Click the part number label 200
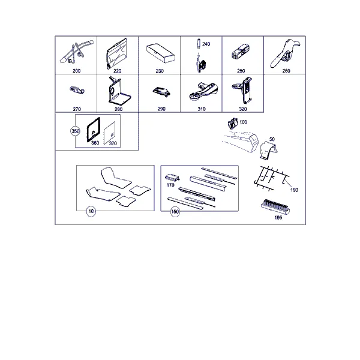pyautogui.click(x=76, y=71)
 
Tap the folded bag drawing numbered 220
pyautogui.click(x=116, y=54)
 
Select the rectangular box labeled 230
pyautogui.click(x=160, y=53)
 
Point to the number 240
pyautogui.click(x=206, y=44)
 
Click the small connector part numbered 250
pyautogui.click(x=241, y=52)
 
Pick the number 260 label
pyautogui.click(x=286, y=71)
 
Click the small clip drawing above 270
pyautogui.click(x=77, y=90)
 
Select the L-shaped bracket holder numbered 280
pyautogui.click(x=119, y=91)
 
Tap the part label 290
pyautogui.click(x=161, y=109)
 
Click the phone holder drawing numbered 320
pyautogui.click(x=244, y=89)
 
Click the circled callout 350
pyautogui.click(x=75, y=131)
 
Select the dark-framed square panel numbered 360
pyautogui.click(x=93, y=130)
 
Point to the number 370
pyautogui.click(x=113, y=143)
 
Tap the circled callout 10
pyautogui.click(x=91, y=211)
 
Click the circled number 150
pyautogui.click(x=175, y=211)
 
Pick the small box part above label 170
pyautogui.click(x=172, y=178)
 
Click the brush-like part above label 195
pyautogui.click(x=275, y=206)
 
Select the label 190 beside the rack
pyautogui.click(x=294, y=190)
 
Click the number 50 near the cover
pyautogui.click(x=272, y=139)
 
